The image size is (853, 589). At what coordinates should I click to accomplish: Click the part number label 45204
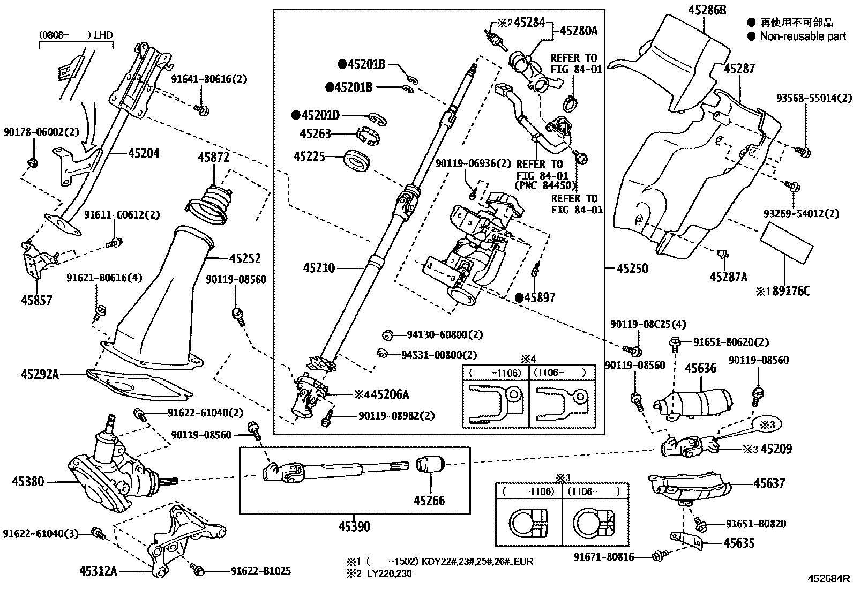click(144, 153)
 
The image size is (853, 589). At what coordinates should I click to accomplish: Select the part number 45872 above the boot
click(214, 158)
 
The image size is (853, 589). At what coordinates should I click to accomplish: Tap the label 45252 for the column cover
click(245, 258)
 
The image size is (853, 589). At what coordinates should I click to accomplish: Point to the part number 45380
click(28, 482)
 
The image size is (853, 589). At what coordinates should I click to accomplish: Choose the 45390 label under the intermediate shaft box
click(354, 527)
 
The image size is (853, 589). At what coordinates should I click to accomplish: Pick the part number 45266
click(429, 501)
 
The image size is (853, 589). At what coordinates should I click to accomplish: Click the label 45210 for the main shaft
click(319, 267)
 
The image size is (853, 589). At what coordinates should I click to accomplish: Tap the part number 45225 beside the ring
click(309, 156)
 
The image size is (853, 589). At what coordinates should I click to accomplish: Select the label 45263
click(316, 134)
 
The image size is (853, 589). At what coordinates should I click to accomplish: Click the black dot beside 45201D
click(295, 115)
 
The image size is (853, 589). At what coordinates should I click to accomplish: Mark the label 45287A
click(728, 277)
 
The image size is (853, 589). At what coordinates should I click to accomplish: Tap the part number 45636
click(701, 368)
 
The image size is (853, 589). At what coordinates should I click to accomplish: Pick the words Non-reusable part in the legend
click(803, 36)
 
